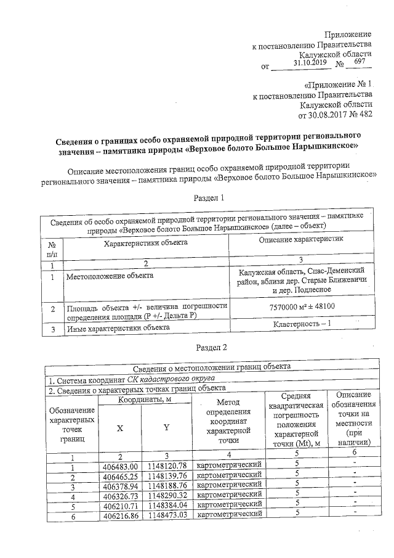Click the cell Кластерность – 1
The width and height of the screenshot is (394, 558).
[x=302, y=324]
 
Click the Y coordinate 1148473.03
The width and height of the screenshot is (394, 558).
[x=165, y=514]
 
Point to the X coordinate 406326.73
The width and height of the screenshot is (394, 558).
[x=121, y=494]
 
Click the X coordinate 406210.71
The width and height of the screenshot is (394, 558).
[x=121, y=504]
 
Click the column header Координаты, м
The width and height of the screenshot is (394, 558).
[x=143, y=400]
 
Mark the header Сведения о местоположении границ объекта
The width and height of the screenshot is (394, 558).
[x=212, y=367]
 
